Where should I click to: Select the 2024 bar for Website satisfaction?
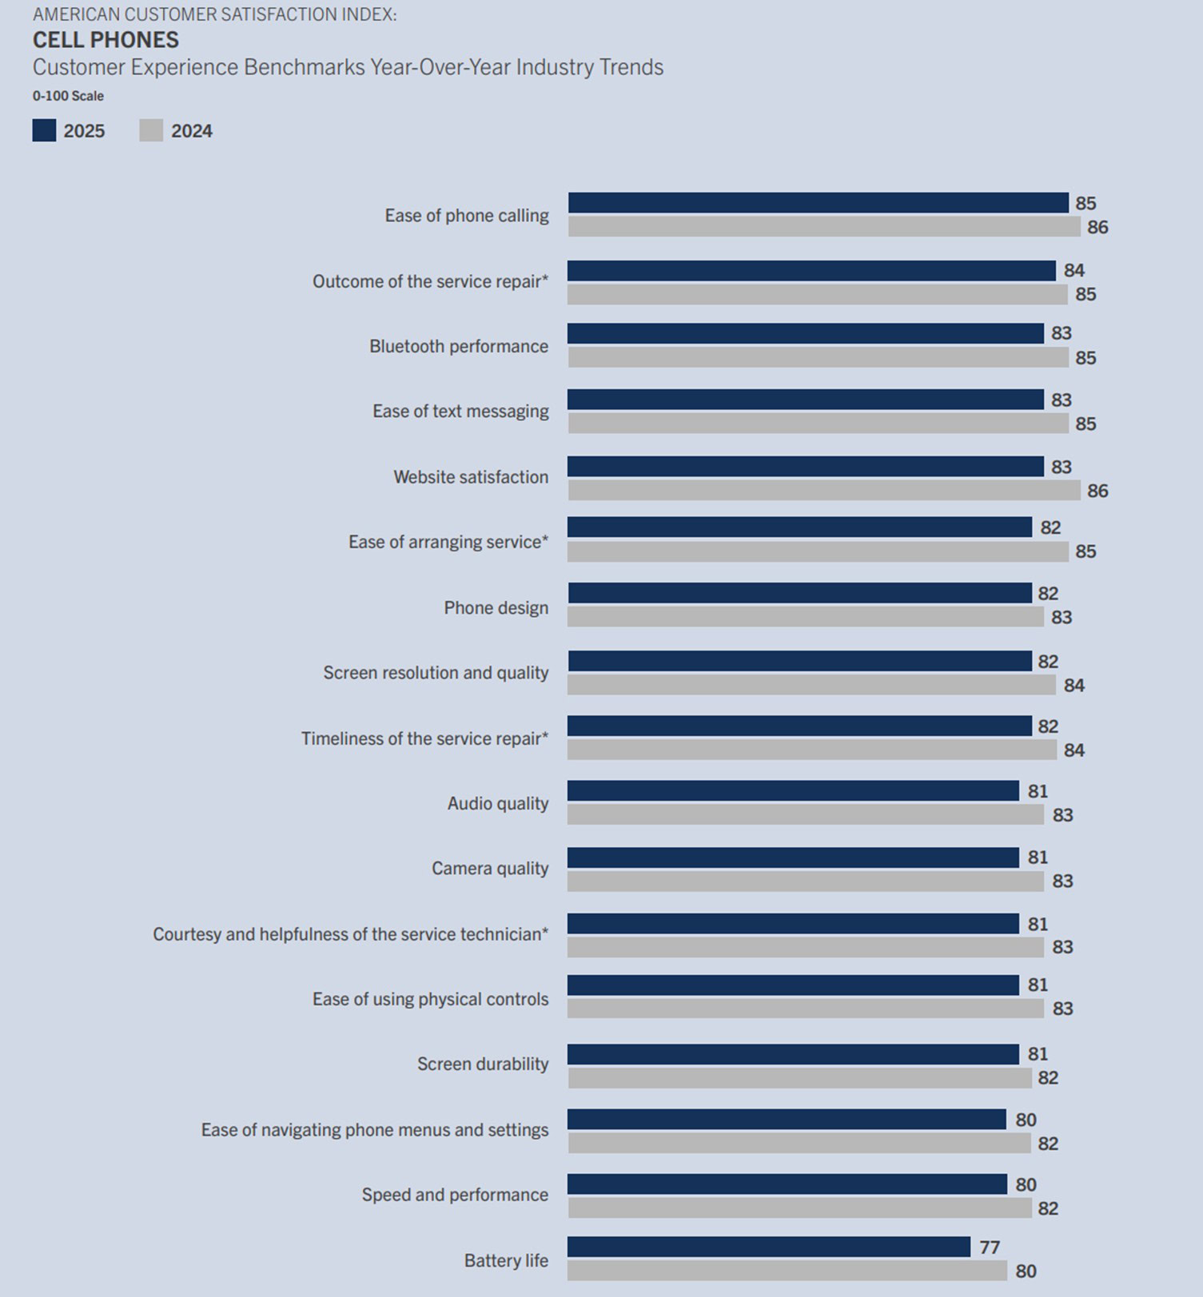(824, 490)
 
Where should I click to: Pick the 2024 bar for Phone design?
(806, 616)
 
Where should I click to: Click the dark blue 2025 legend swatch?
(44, 130)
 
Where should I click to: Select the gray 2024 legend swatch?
(151, 130)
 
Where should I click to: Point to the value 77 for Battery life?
(990, 1247)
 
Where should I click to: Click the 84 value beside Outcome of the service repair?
(1074, 271)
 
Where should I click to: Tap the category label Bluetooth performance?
(459, 346)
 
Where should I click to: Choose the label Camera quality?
(490, 868)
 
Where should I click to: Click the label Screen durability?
(483, 1064)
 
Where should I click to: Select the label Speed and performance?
(455, 1195)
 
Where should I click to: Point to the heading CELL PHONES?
(106, 40)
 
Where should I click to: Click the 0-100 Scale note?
(68, 96)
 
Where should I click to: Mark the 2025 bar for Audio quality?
(793, 791)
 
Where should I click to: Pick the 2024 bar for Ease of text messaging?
(818, 423)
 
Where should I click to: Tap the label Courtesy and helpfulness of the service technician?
(350, 934)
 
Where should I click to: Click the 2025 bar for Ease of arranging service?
(799, 527)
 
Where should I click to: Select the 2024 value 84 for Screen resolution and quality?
(1074, 685)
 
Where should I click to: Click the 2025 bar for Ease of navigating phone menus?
(787, 1120)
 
